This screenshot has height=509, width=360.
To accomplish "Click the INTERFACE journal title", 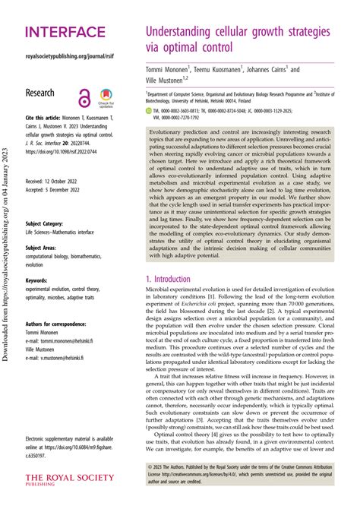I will coord(65,31).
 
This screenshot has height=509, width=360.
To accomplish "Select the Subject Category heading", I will coord(46,225).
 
